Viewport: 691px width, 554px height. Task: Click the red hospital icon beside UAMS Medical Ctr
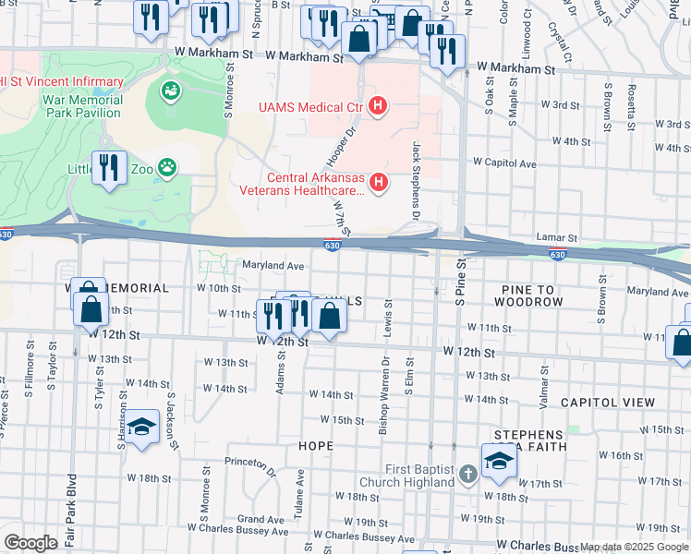(x=377, y=107)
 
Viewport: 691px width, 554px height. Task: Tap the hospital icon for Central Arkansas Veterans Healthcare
(x=377, y=183)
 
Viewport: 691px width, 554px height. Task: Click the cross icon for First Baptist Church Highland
(x=468, y=475)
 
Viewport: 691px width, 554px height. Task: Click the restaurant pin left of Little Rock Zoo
(x=110, y=169)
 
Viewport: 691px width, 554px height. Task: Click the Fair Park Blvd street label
(x=71, y=507)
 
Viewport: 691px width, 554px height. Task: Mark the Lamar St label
(x=557, y=238)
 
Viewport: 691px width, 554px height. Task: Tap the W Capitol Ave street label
(x=504, y=163)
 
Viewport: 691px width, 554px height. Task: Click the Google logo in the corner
(x=30, y=543)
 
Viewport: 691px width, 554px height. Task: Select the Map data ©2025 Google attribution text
(x=634, y=547)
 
